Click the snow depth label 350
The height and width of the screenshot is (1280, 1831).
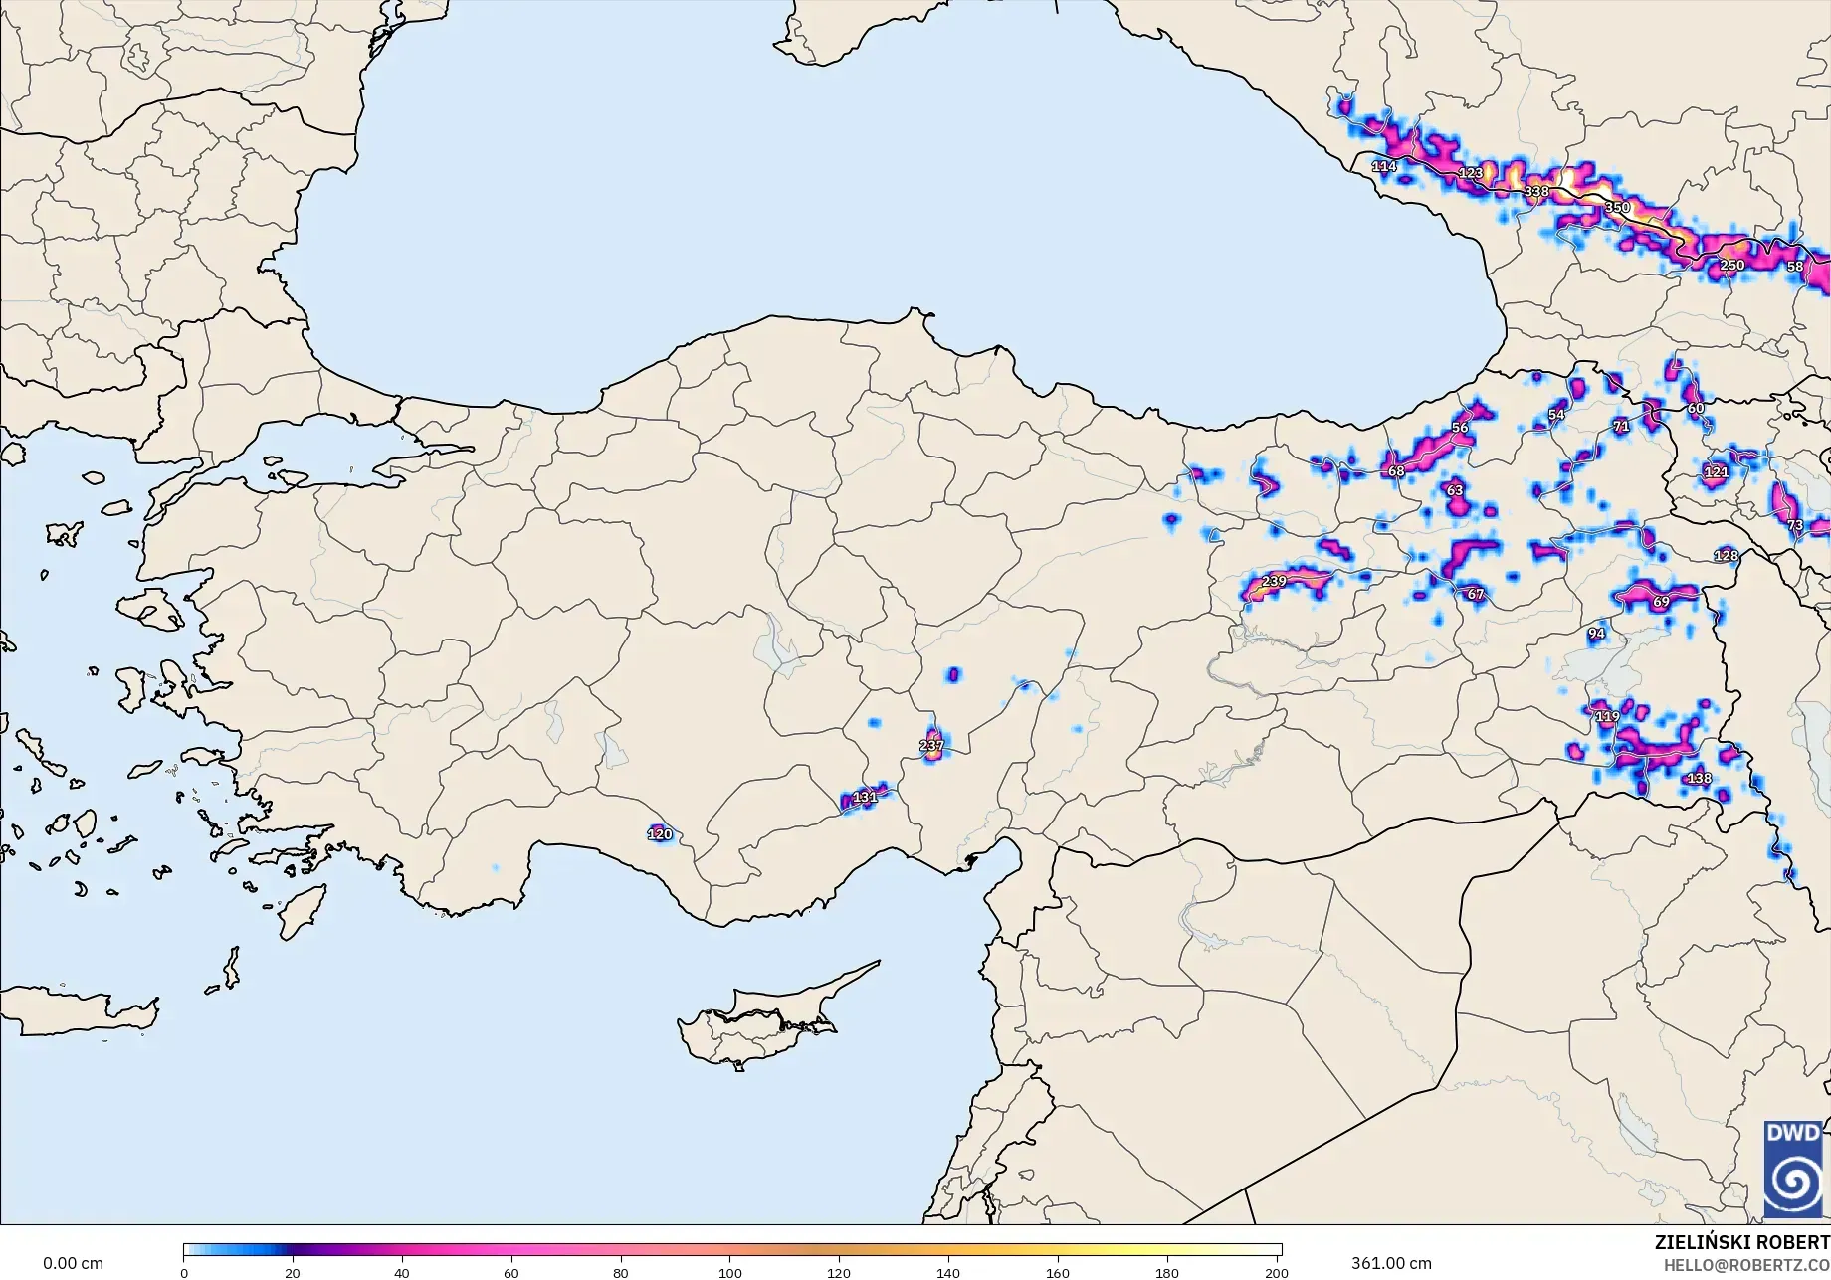[x=1617, y=207]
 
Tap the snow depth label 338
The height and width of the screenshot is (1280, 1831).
[x=1536, y=191]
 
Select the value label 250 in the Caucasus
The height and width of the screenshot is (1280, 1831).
[x=1732, y=265]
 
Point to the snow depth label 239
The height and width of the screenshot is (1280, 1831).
[x=1274, y=581]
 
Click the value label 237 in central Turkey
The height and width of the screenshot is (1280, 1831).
[x=931, y=745]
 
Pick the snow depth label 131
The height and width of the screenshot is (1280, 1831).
[x=866, y=797]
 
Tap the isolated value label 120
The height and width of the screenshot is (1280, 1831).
[x=660, y=834]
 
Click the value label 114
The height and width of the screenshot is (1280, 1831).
[x=1384, y=166]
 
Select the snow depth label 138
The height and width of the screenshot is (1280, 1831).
[x=1699, y=778]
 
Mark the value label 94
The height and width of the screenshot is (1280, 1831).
[x=1596, y=633]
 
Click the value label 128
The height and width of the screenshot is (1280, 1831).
[x=1727, y=555]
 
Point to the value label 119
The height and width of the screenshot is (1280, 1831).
[x=1607, y=716]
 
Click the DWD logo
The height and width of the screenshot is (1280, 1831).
[x=1793, y=1169]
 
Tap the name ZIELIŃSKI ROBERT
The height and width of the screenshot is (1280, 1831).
[x=1741, y=1242]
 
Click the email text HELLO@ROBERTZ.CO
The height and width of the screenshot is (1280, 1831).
[x=1746, y=1263]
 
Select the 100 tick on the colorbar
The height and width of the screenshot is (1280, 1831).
[x=730, y=1272]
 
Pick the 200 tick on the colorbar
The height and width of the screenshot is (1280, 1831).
[x=1276, y=1272]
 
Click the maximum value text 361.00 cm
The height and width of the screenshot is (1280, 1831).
[x=1391, y=1263]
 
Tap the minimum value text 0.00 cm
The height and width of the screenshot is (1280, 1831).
[x=73, y=1263]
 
